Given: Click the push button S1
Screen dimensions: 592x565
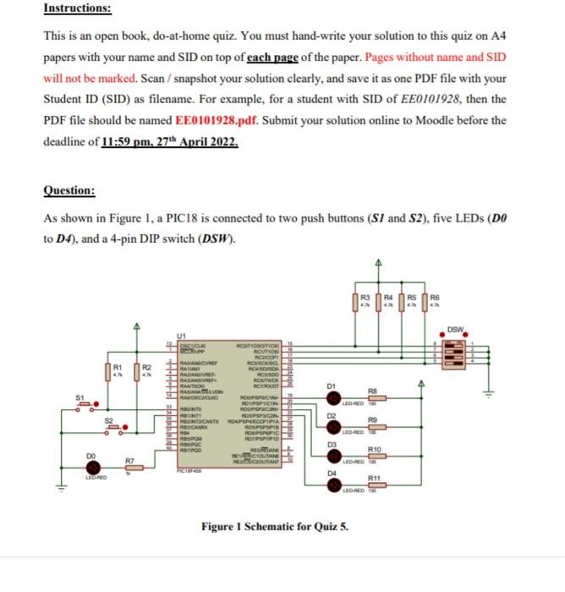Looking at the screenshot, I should [x=85, y=404].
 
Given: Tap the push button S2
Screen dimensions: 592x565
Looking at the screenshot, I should [x=113, y=426].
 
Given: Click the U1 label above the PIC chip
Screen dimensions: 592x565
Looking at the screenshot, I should [x=179, y=335].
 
